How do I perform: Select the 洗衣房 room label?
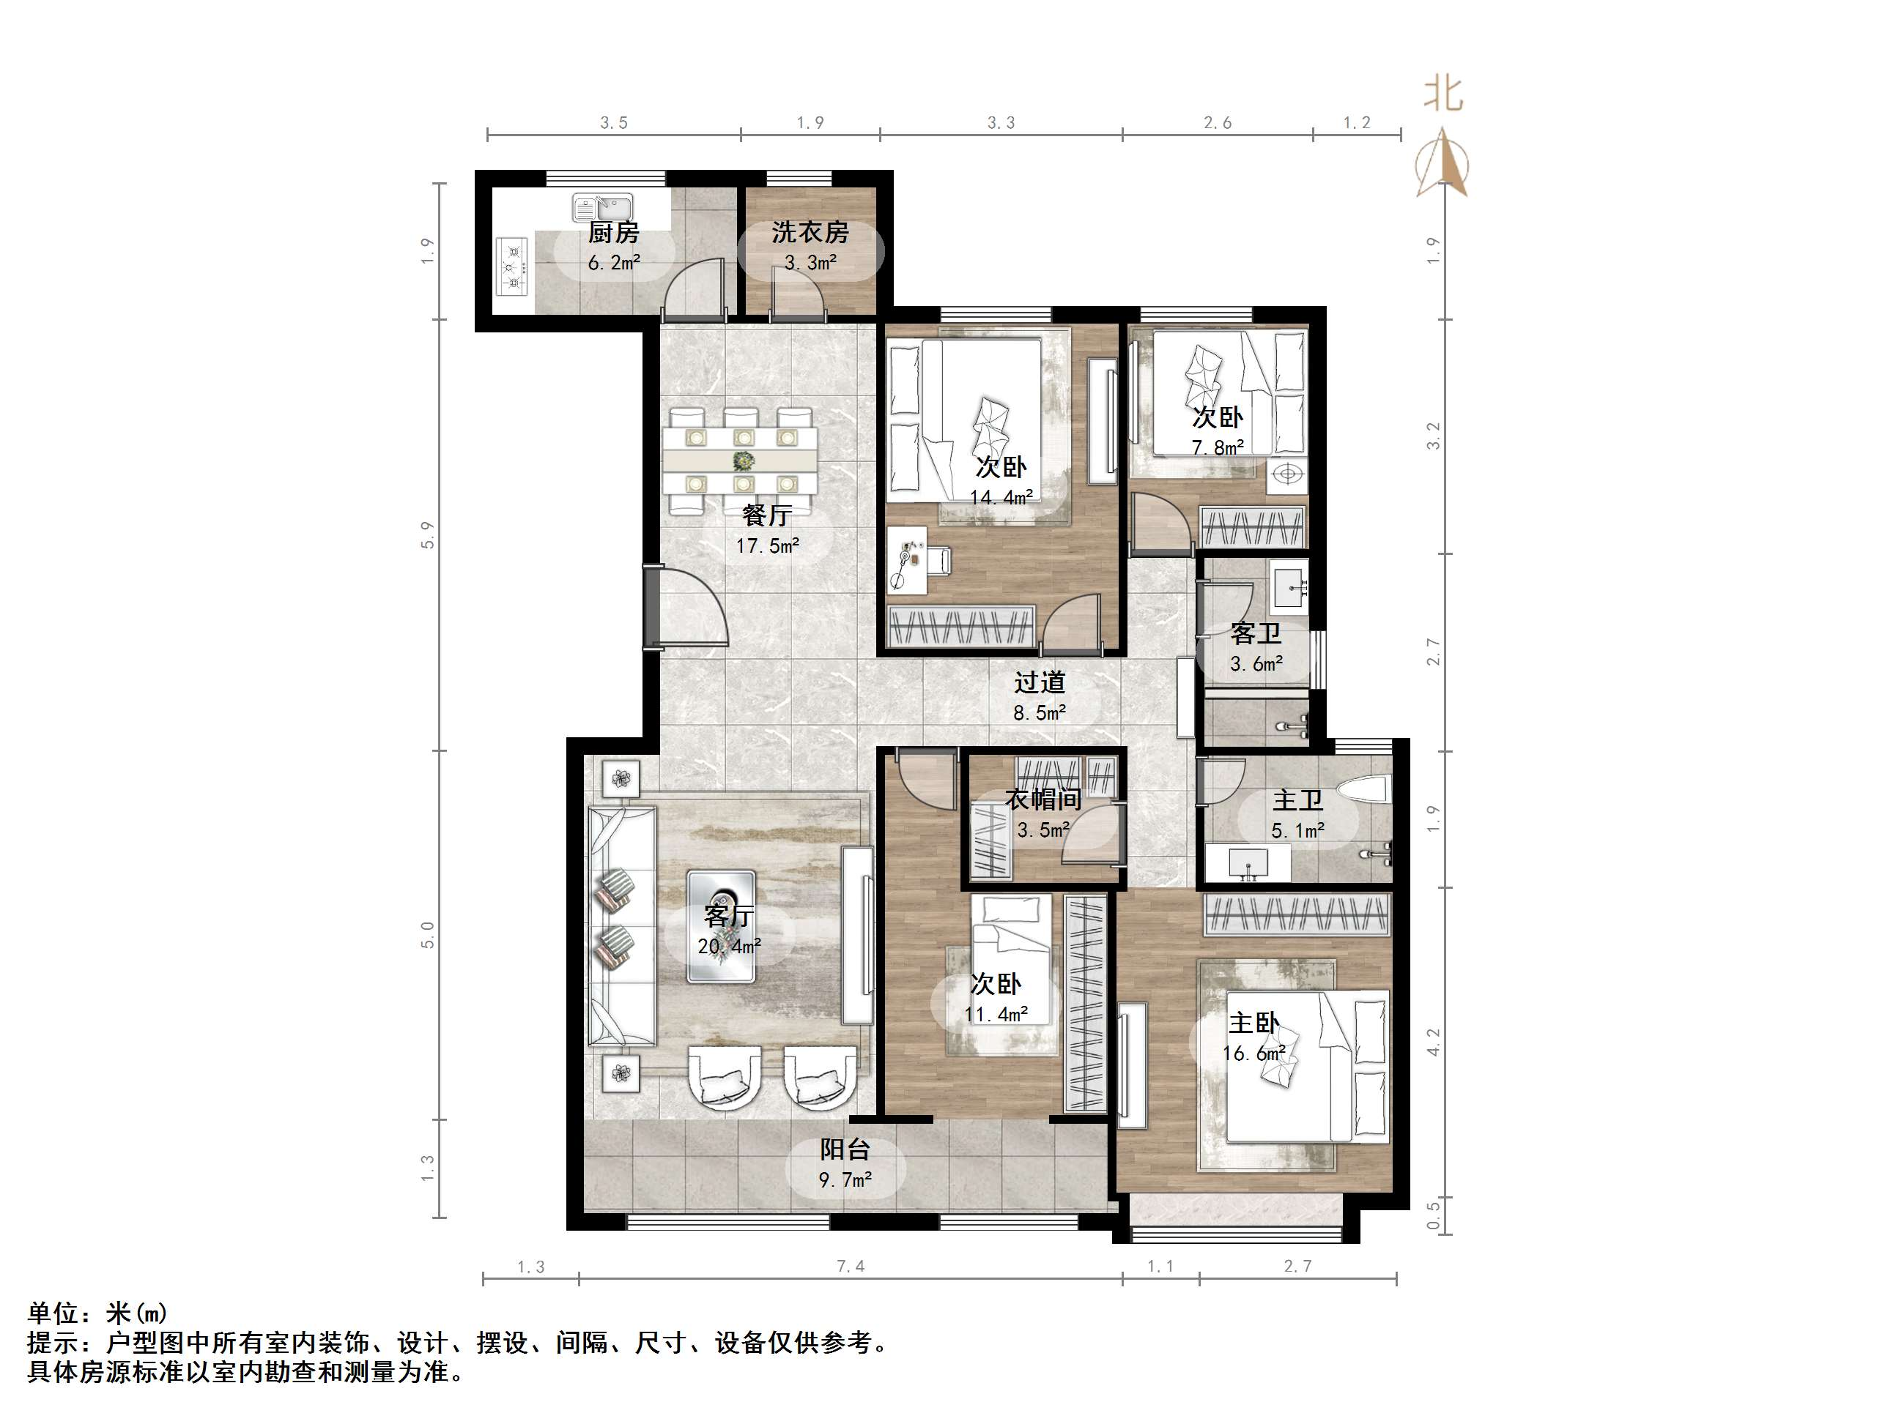tap(810, 233)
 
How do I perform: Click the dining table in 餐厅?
tap(740, 461)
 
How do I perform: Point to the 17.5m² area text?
tap(767, 546)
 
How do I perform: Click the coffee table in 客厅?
tap(721, 926)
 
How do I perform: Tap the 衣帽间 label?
tap(1043, 799)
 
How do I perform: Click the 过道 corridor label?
tap(1040, 682)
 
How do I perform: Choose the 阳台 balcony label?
tap(845, 1150)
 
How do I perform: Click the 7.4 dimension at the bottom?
tap(850, 1267)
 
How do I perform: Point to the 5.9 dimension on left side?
tap(427, 535)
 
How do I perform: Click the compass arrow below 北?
tap(1442, 162)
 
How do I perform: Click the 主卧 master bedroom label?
tap(1253, 1022)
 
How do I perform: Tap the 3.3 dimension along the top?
tap(1001, 123)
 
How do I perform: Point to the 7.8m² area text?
tap(1217, 447)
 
